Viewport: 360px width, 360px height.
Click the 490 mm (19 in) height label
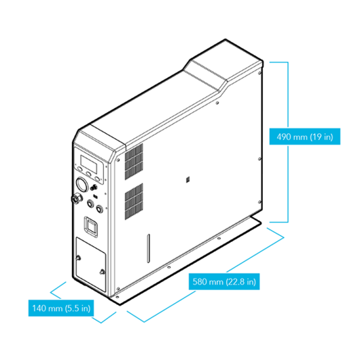point(305,137)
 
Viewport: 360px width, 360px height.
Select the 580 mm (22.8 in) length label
point(224,281)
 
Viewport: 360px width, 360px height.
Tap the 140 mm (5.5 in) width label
point(61,308)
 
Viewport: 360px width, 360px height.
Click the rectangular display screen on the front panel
point(88,164)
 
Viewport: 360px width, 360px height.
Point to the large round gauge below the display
point(82,184)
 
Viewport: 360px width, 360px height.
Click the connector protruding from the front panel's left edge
point(76,198)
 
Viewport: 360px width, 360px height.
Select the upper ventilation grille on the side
point(134,162)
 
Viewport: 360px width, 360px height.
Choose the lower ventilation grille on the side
point(134,202)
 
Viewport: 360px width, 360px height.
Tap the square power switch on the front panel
point(92,226)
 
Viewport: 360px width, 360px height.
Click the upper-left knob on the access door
point(78,258)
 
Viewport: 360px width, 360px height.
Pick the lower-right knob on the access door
point(102,272)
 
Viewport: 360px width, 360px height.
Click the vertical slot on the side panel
point(149,249)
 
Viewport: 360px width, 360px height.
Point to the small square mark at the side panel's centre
point(187,180)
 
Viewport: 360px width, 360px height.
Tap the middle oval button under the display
point(88,174)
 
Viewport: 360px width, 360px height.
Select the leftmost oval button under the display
point(79,169)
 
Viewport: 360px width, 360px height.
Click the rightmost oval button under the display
point(97,179)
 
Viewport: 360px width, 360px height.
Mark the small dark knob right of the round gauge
point(94,187)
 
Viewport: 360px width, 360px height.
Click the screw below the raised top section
point(217,103)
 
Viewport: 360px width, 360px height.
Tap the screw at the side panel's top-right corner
point(259,73)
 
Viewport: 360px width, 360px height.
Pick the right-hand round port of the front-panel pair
point(99,209)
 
